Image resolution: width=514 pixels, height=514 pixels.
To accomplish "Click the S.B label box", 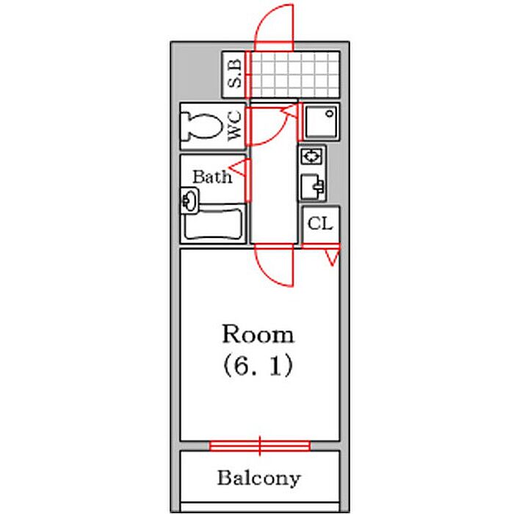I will pyautogui.click(x=234, y=74).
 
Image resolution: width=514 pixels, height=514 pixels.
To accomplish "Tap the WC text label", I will pyautogui.click(x=234, y=126).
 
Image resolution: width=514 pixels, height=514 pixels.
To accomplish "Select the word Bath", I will pyautogui.click(x=211, y=177).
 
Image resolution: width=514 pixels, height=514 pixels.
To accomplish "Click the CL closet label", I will pyautogui.click(x=320, y=225).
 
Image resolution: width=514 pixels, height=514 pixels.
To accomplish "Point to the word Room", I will pyautogui.click(x=258, y=336).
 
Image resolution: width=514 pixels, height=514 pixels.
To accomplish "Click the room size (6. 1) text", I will pyautogui.click(x=258, y=366).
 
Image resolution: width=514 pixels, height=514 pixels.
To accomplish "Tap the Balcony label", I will pyautogui.click(x=258, y=479).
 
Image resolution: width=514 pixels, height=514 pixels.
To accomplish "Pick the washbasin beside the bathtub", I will pyautogui.click(x=189, y=199).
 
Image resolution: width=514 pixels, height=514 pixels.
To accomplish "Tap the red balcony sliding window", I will pyautogui.click(x=259, y=445).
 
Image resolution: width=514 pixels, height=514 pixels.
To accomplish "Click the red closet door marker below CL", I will pyautogui.click(x=333, y=257).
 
